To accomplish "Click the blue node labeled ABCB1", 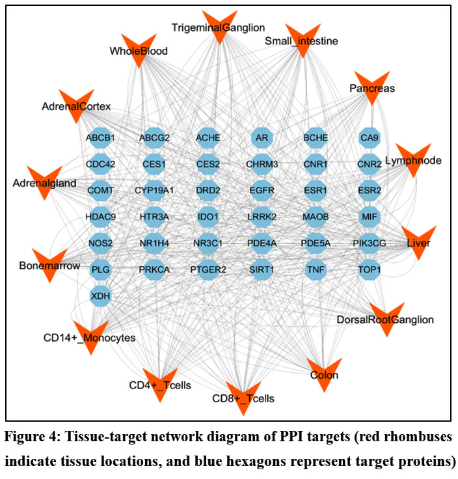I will [x=100, y=138].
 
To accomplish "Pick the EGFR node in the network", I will [x=262, y=190].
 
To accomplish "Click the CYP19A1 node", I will [x=155, y=190].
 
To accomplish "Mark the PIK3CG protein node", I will [x=370, y=243].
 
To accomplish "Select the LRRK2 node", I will [x=262, y=216].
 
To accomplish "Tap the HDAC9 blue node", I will [x=100, y=216].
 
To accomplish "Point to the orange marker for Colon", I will [x=323, y=372].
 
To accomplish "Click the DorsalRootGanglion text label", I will [x=385, y=320].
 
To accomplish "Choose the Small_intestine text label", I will [x=301, y=42].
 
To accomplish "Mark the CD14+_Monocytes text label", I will [x=89, y=338].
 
